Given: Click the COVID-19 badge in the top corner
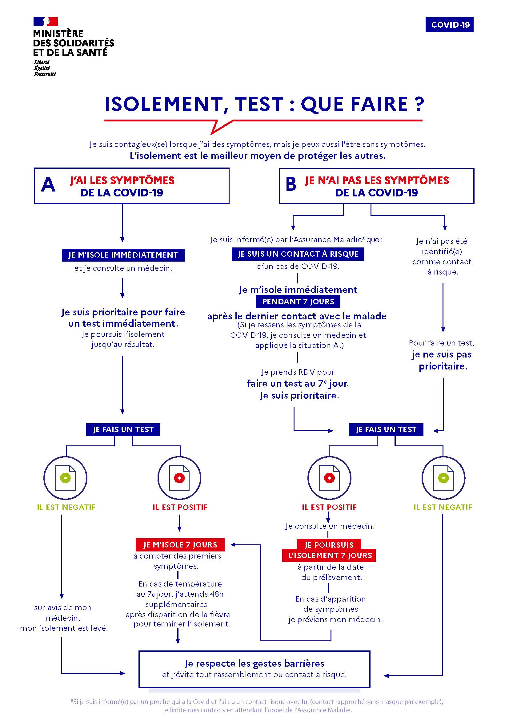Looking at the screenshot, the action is tap(449, 25).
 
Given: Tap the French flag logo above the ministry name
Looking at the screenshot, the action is tap(46, 21).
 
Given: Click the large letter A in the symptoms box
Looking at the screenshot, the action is tap(48, 185).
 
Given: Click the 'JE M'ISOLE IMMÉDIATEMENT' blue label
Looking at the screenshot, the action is tap(123, 255).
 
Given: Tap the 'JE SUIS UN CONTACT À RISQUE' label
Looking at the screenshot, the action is tap(298, 254).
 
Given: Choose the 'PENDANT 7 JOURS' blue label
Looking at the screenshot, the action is tap(298, 302).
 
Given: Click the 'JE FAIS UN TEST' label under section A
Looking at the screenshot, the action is tap(123, 429).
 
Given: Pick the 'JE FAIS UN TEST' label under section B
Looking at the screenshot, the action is tap(386, 429).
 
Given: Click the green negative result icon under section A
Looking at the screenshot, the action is tap(65, 478).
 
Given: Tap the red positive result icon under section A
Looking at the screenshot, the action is tap(179, 478).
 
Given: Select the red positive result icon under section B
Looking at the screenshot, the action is tap(329, 478).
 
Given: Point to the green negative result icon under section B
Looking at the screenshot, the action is tap(443, 478).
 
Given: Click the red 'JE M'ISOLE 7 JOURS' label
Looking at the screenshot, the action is tap(180, 545).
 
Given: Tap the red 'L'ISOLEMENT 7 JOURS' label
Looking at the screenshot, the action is tap(329, 556).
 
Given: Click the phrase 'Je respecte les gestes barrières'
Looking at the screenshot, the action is tap(254, 663).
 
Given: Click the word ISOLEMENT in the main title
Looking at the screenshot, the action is tap(163, 104).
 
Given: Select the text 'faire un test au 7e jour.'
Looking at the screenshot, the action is tap(298, 383).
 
